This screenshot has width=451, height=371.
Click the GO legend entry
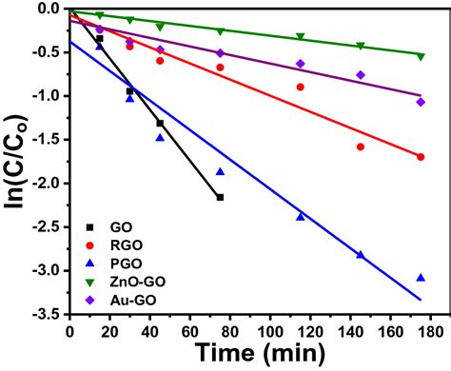[x=112, y=229]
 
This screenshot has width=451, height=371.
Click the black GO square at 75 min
[x=220, y=197]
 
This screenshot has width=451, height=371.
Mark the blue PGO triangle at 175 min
[x=421, y=277]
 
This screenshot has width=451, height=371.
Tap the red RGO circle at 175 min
[x=421, y=157]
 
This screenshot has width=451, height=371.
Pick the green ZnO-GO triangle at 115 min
[x=301, y=37]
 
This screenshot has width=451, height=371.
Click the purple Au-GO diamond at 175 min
[x=421, y=102]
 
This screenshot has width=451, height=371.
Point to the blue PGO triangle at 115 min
[x=301, y=216]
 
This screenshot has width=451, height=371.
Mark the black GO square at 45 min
[x=160, y=123]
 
